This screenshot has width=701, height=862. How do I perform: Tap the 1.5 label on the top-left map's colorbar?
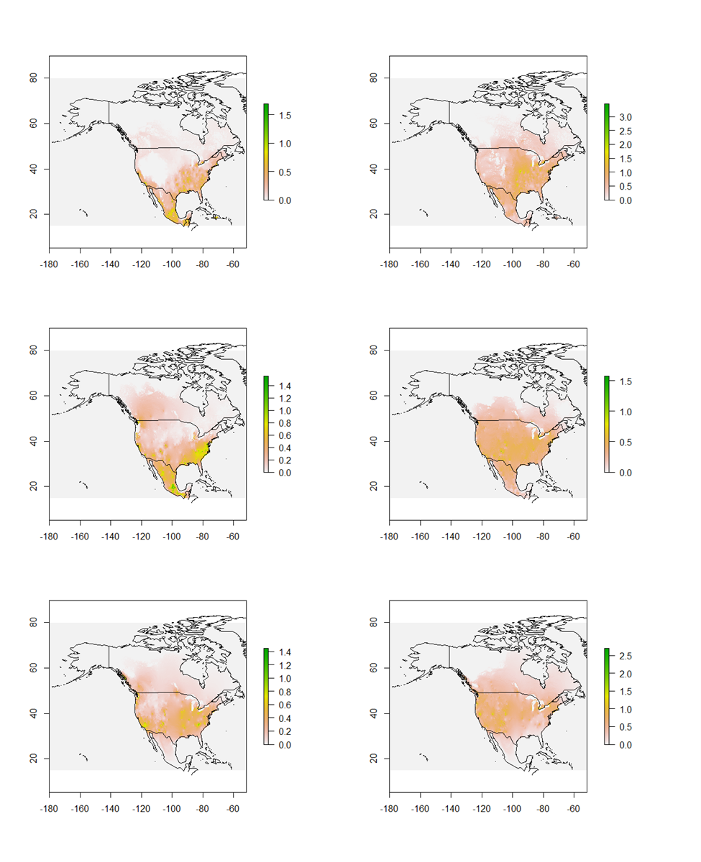click(x=285, y=115)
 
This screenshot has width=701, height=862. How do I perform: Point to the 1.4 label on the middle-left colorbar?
click(x=285, y=386)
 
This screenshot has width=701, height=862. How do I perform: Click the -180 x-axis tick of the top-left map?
click(x=49, y=264)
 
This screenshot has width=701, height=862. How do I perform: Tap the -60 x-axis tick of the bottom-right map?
click(x=573, y=809)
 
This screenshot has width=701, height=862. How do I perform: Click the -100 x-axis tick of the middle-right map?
click(x=512, y=537)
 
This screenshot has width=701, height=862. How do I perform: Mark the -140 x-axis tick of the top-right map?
click(x=450, y=264)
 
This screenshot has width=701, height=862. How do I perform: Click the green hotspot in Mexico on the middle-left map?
click(x=173, y=487)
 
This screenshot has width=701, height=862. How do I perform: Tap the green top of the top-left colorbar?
click(x=266, y=108)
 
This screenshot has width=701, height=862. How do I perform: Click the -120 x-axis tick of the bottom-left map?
click(x=141, y=809)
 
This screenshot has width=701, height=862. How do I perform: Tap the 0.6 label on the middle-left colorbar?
click(x=285, y=435)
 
